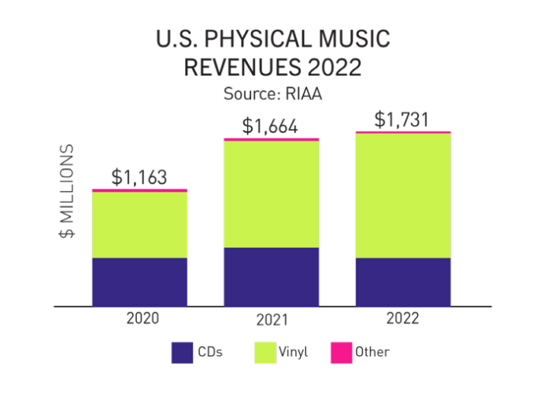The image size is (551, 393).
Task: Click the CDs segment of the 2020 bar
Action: pyautogui.click(x=139, y=281)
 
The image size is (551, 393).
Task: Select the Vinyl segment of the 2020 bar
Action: pyautogui.click(x=139, y=225)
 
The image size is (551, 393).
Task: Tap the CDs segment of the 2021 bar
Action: pyautogui.click(x=272, y=277)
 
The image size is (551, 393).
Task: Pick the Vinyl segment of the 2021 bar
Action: pyautogui.click(x=272, y=194)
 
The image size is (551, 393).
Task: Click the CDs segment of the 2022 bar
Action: pyautogui.click(x=403, y=281)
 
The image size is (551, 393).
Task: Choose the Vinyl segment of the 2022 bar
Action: pyautogui.click(x=403, y=196)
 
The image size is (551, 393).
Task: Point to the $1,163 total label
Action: pyautogui.click(x=139, y=178)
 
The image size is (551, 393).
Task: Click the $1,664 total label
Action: pyautogui.click(x=271, y=126)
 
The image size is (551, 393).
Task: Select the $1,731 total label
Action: pyautogui.click(x=402, y=119)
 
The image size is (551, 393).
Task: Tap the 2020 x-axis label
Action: pyautogui.click(x=142, y=318)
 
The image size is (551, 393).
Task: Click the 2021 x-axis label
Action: pyautogui.click(x=272, y=321)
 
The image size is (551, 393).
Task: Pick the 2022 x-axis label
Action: pyautogui.click(x=403, y=318)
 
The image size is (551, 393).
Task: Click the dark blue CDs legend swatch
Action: pyautogui.click(x=183, y=352)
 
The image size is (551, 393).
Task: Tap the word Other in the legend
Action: pyautogui.click(x=372, y=352)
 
